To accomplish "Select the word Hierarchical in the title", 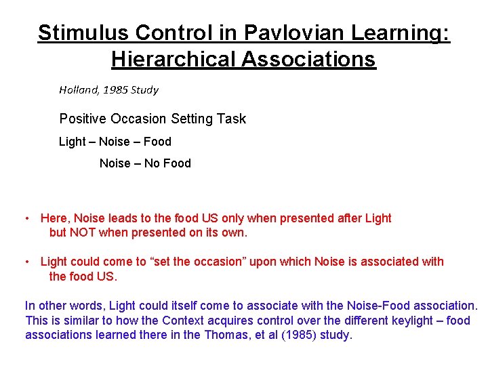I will coord(171,59).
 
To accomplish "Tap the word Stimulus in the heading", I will coord(77,33).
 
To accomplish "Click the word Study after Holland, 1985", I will coord(143,89).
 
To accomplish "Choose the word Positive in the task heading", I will coord(83,119).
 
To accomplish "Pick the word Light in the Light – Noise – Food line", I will coord(72,142).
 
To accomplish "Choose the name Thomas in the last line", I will coord(227,335).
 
